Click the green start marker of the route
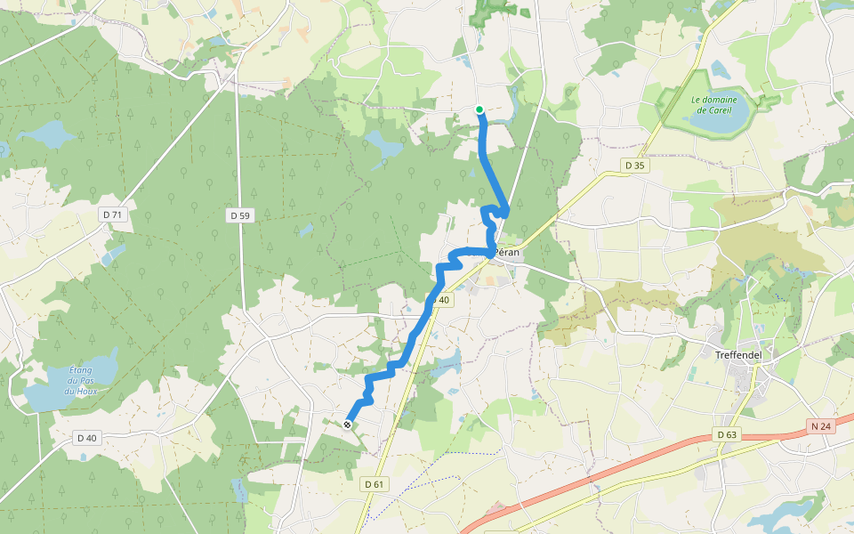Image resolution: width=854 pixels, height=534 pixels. (x=479, y=109)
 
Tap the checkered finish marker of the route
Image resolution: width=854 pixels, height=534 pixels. (x=347, y=425)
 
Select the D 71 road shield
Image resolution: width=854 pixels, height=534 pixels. (x=112, y=214)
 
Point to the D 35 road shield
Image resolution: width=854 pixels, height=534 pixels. (x=633, y=165)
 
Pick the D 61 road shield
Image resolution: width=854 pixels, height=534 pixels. (x=375, y=483)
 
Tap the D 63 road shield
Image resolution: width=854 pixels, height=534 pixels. (x=726, y=434)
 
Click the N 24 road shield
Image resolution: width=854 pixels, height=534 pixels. (x=821, y=426)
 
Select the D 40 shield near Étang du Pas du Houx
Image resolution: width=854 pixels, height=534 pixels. (x=86, y=437)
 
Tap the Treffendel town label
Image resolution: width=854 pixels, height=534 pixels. (x=745, y=354)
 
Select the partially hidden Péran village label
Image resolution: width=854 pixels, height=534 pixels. (x=505, y=253)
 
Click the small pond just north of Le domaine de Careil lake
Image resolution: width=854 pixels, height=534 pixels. (x=719, y=68)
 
